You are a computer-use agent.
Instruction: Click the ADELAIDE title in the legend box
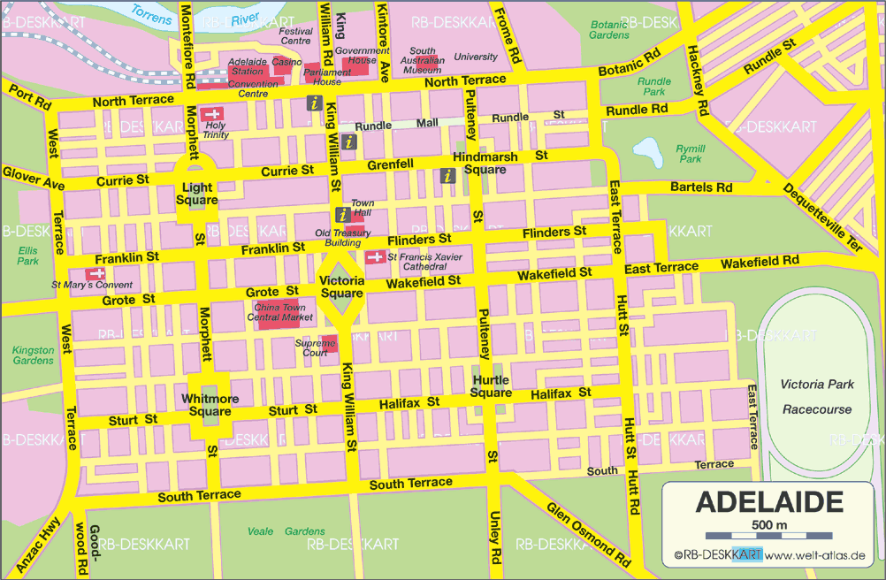(768, 502)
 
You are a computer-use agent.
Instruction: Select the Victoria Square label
(341, 287)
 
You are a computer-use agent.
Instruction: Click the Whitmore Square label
(210, 405)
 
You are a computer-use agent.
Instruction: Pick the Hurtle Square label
(491, 386)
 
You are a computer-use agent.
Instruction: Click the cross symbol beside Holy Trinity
(212, 114)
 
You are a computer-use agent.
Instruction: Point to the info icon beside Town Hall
(342, 214)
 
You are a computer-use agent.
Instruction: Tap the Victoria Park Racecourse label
(816, 396)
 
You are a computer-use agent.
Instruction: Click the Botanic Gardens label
(609, 29)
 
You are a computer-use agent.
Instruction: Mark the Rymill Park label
(690, 154)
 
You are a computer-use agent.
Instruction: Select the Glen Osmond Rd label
(588, 534)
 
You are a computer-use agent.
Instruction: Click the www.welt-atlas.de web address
(814, 555)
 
